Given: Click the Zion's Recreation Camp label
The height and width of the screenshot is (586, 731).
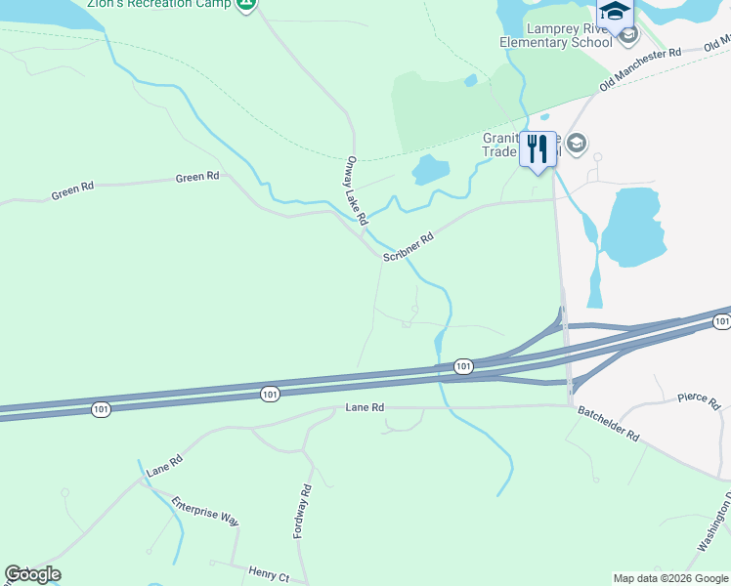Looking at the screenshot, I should click(158, 4).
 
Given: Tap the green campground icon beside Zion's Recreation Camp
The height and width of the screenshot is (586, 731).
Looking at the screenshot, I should click(246, 3).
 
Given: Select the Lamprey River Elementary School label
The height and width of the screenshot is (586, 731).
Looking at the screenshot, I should click(555, 35).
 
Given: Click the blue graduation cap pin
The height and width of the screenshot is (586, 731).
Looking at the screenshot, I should click(616, 13).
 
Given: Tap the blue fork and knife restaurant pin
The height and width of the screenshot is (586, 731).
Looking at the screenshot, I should click(537, 149).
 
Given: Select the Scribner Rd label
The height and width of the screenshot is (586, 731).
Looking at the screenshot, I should click(408, 247).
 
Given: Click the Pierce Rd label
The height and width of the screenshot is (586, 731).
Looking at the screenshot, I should click(699, 400).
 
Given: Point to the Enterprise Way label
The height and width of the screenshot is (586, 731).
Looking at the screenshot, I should click(205, 512).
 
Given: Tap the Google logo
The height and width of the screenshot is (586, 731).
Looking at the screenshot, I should click(32, 574).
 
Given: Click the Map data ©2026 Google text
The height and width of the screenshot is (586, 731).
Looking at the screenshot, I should click(670, 578).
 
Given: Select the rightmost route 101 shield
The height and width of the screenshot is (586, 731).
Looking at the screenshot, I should click(721, 321).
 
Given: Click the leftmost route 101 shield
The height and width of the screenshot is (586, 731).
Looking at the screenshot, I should click(102, 410).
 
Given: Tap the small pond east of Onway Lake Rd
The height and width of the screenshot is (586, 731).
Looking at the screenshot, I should click(430, 170).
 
